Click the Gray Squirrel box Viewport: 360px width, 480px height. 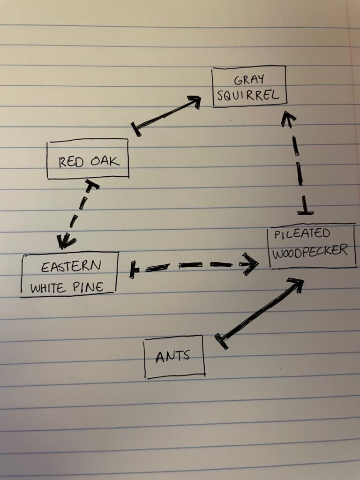tap(249, 87)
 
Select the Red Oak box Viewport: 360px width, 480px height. tap(88, 158)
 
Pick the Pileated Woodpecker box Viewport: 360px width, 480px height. tap(311, 246)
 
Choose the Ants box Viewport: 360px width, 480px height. tap(174, 356)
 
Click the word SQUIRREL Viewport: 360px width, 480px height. tap(249, 95)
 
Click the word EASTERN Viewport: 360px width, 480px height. tap(70, 267)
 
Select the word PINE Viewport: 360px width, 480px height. tap(88, 287)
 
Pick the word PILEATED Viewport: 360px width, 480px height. tap(302, 234)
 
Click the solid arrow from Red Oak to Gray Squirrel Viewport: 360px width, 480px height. tap(166, 113)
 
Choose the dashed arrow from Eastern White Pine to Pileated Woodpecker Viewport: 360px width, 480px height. tap(195, 266)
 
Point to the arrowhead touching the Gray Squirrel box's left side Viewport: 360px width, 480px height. tap(194, 100)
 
